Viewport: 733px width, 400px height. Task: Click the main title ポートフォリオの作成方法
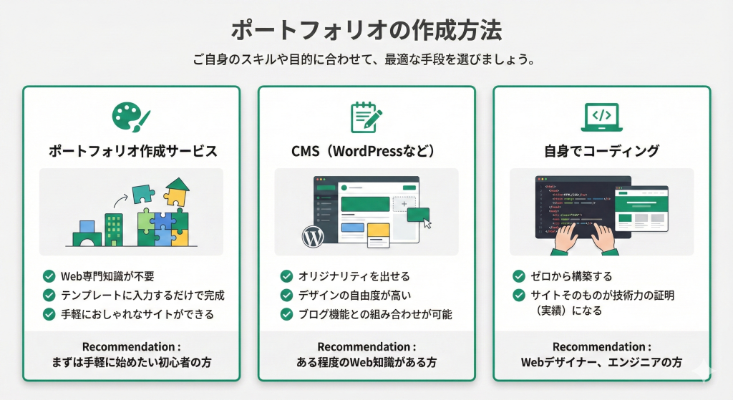tap(366, 31)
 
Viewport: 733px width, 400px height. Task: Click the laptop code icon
tap(601, 117)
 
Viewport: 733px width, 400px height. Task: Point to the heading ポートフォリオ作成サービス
tap(132, 152)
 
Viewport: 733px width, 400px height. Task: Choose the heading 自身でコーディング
tap(601, 152)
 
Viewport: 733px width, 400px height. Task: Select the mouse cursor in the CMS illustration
tap(427, 223)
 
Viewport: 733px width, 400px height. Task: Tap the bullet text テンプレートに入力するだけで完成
tap(142, 295)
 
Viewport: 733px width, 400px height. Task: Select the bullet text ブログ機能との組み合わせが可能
tap(375, 314)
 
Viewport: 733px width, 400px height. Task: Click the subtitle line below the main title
tap(366, 60)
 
